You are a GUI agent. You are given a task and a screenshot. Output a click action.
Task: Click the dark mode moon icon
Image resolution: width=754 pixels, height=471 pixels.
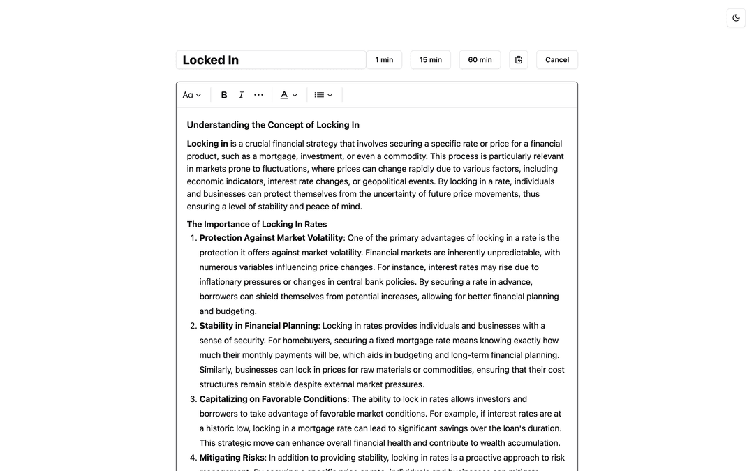pyautogui.click(x=736, y=18)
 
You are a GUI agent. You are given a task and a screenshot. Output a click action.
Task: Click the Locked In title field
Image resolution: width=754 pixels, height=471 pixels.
pyautogui.click(x=271, y=60)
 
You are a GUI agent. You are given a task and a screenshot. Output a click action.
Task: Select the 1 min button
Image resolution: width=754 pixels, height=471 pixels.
pyautogui.click(x=384, y=60)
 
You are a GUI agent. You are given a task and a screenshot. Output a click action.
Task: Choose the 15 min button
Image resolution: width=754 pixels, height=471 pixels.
pyautogui.click(x=430, y=60)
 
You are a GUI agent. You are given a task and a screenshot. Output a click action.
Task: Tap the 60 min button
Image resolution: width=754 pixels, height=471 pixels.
pyautogui.click(x=480, y=60)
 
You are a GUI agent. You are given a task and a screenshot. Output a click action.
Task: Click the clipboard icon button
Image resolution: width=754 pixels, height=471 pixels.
pyautogui.click(x=519, y=60)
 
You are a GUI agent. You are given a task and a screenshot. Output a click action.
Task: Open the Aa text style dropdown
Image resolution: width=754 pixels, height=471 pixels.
pyautogui.click(x=192, y=95)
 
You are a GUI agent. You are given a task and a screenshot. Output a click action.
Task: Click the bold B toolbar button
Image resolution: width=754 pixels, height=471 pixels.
pyautogui.click(x=224, y=95)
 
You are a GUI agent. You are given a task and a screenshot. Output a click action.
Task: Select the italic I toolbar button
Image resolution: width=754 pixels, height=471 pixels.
pyautogui.click(x=242, y=95)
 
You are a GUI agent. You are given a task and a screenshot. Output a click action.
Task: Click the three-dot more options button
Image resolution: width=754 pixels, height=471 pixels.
pyautogui.click(x=259, y=95)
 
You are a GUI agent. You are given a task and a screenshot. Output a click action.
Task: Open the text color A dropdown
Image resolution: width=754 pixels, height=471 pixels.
pyautogui.click(x=289, y=95)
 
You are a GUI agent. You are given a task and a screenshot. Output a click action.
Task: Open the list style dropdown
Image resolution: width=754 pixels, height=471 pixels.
pyautogui.click(x=323, y=95)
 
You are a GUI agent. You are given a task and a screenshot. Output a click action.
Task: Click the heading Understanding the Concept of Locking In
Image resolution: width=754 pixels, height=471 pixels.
pyautogui.click(x=273, y=125)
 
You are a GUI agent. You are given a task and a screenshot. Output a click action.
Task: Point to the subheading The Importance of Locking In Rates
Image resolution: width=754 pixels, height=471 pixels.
pyautogui.click(x=257, y=224)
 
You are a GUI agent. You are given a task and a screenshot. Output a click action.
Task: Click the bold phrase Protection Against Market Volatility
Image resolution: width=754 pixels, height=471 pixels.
pyautogui.click(x=271, y=238)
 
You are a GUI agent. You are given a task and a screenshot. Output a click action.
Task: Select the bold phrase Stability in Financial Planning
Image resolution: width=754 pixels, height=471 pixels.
pyautogui.click(x=258, y=326)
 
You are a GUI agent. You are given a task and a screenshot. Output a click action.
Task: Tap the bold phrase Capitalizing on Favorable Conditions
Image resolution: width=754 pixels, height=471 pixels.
pyautogui.click(x=273, y=399)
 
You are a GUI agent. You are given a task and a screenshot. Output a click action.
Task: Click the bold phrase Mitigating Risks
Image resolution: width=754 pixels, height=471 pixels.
pyautogui.click(x=232, y=458)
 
